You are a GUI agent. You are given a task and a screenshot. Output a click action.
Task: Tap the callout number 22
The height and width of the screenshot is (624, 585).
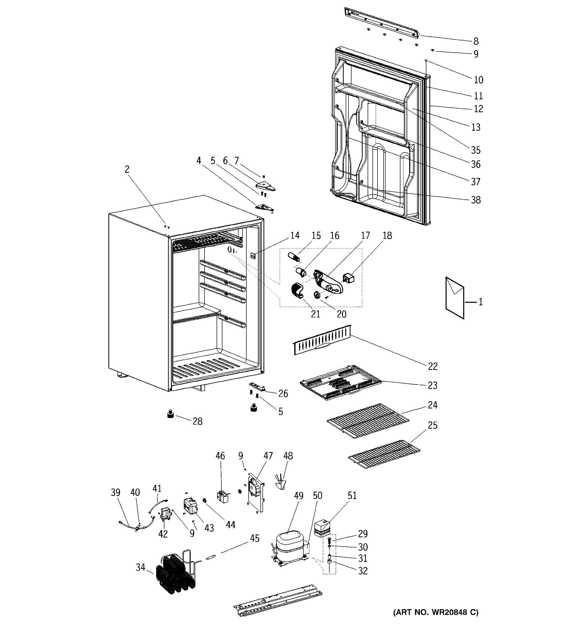[x=432, y=366]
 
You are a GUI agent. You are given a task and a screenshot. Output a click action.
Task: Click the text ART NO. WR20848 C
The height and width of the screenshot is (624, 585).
[x=435, y=612]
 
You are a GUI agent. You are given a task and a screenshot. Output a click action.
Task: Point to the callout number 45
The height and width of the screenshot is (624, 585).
[x=254, y=538]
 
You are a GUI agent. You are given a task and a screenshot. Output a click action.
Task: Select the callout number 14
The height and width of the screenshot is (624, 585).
[x=295, y=235]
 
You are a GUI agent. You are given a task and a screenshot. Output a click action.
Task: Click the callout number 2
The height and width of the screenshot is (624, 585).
[x=127, y=169]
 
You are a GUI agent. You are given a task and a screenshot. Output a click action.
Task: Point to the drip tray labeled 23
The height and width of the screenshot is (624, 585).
[x=341, y=382]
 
